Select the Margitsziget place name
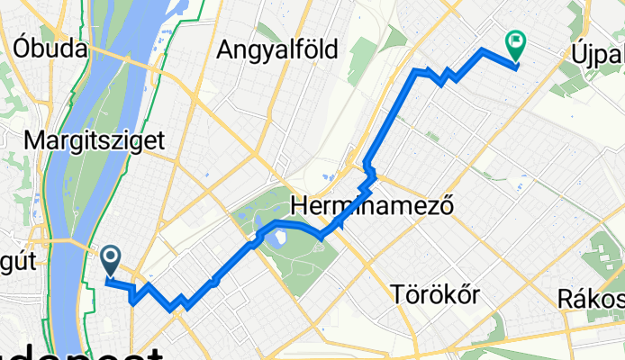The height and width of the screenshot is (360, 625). (95, 140)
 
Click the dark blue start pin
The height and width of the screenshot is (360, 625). (111, 261)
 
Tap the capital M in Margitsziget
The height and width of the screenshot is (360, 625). (35, 140)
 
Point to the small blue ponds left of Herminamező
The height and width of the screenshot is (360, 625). (325, 179)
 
